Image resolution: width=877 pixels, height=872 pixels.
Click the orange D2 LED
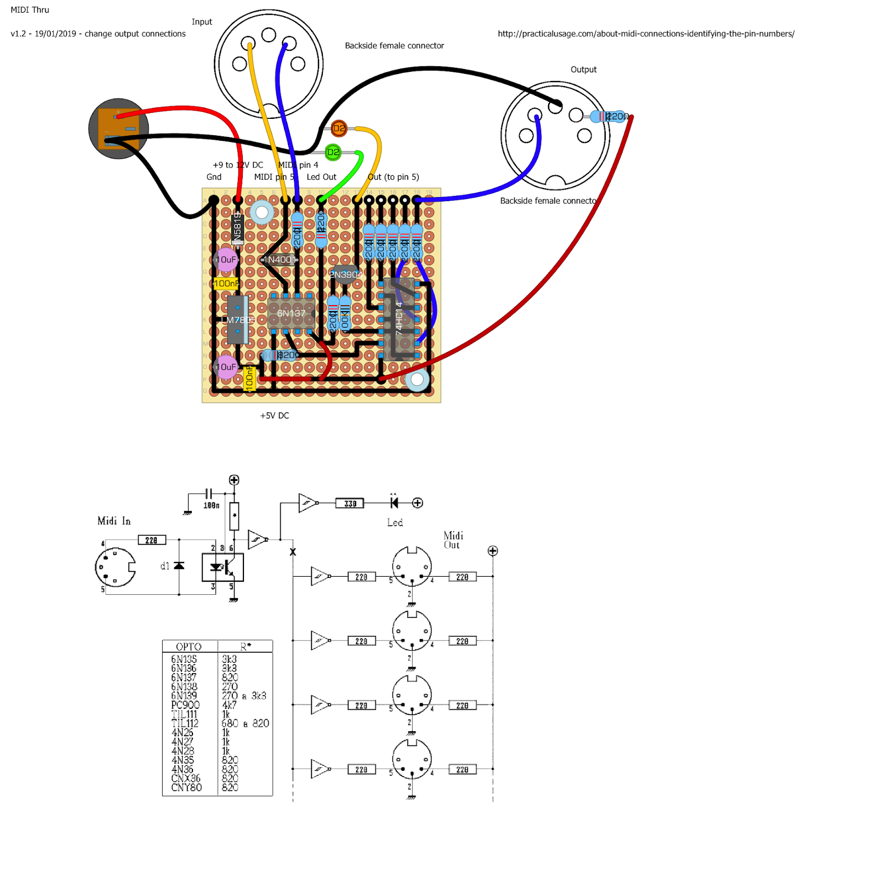click(x=339, y=129)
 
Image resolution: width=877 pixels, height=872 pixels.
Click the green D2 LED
click(x=333, y=152)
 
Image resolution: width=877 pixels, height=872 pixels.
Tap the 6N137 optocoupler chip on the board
click(x=291, y=313)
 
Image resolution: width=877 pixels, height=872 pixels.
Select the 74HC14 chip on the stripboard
click(x=400, y=318)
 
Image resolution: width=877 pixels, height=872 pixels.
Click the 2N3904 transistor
click(x=344, y=274)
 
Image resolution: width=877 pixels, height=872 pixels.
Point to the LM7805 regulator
click(x=237, y=320)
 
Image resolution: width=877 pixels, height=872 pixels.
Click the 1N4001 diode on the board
click(x=280, y=260)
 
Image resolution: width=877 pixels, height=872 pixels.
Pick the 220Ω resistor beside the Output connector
click(x=608, y=116)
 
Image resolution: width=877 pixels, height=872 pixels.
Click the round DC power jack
click(x=118, y=129)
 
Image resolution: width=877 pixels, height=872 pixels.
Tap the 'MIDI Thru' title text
click(x=30, y=10)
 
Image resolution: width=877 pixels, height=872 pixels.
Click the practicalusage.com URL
click(x=646, y=33)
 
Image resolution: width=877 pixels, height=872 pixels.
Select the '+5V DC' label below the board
click(x=275, y=415)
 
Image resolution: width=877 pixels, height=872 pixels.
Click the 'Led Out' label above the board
click(x=321, y=177)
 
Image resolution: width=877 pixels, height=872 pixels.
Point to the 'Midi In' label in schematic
click(x=114, y=521)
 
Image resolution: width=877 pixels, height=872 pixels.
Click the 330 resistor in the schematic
click(x=350, y=503)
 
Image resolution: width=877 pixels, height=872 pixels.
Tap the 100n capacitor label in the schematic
click(x=211, y=506)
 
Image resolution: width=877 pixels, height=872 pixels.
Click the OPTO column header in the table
click(x=189, y=646)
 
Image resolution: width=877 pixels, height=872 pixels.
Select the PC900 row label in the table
click(x=185, y=705)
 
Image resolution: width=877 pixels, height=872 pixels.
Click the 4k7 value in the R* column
click(x=229, y=705)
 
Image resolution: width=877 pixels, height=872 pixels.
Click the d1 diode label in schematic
click(x=164, y=566)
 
